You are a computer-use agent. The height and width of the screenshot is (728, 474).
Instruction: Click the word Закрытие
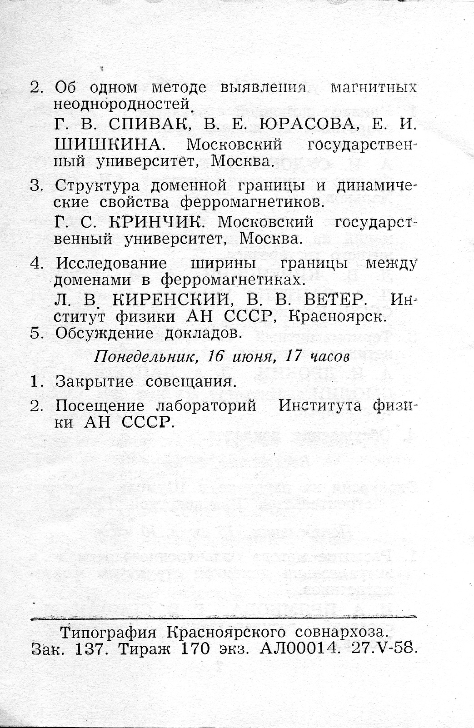coord(94,381)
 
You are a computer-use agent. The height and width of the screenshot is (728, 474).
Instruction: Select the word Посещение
coord(100,405)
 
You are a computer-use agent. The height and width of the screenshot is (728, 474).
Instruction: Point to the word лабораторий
coord(206,405)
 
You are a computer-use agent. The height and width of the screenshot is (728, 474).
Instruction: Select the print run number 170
coord(195,649)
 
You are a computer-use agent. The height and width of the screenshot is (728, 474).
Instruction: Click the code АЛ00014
coord(300,649)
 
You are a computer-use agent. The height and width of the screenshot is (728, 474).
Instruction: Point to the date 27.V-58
coord(384,648)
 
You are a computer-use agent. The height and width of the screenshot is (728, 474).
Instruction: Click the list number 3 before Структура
coord(35,186)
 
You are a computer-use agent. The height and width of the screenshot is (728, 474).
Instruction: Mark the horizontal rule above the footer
coord(223,617)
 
